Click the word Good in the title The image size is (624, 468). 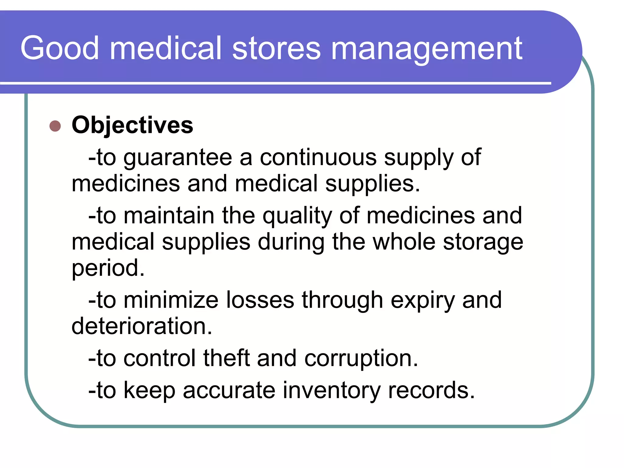60,48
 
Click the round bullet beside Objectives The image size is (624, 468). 55,126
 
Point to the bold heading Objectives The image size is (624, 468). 132,125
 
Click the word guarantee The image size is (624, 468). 178,158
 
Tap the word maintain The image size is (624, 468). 169,216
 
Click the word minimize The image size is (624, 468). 171,300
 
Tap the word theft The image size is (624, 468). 226,358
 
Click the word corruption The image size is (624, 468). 361,359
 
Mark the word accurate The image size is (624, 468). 229,390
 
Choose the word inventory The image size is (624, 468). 331,391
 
